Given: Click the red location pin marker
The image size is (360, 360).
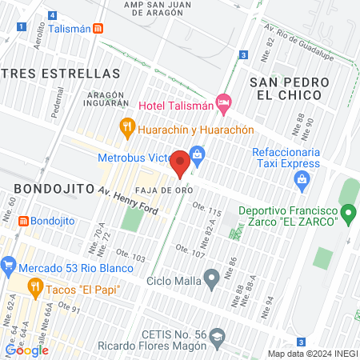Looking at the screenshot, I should (x=180, y=163).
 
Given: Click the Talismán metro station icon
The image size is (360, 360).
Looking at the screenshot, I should (x=98, y=28).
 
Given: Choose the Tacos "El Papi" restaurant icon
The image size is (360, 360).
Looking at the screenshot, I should (x=34, y=286).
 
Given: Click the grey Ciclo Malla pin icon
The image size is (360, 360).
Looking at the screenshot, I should (x=211, y=279).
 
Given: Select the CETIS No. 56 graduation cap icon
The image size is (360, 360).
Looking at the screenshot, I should (x=215, y=340).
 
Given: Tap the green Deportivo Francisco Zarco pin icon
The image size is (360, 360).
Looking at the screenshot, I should (x=348, y=214).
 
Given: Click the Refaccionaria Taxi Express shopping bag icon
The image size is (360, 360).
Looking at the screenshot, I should (x=301, y=178).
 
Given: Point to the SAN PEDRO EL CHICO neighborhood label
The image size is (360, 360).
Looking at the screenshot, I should (x=286, y=88).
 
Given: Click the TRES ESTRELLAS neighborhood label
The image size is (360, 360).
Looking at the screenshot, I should (x=60, y=73).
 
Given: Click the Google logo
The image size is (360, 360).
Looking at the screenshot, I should (x=27, y=350).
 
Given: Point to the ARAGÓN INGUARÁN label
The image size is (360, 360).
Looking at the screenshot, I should (x=107, y=98).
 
